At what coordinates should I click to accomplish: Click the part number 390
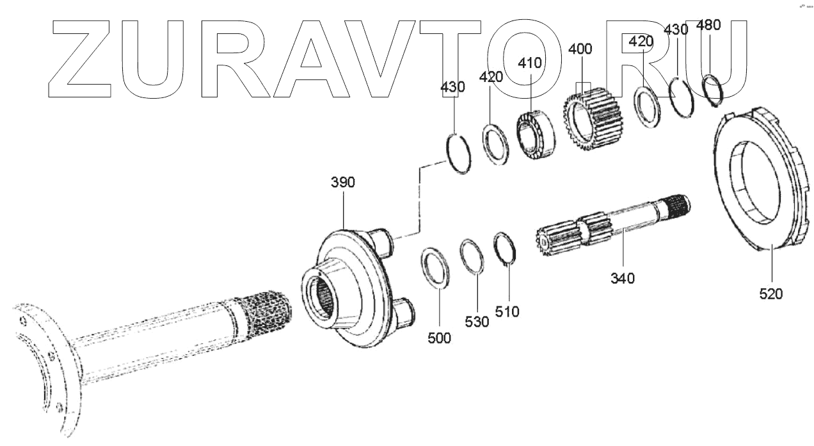click(342, 183)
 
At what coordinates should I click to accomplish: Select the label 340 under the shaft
click(622, 279)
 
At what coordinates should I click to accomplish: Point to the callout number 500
click(439, 338)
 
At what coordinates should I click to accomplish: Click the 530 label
click(477, 322)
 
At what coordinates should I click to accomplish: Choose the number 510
click(507, 311)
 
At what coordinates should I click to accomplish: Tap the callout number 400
click(580, 49)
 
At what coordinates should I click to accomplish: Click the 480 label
click(708, 26)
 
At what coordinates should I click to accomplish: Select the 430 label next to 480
click(676, 29)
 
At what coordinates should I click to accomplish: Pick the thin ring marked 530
click(473, 257)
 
